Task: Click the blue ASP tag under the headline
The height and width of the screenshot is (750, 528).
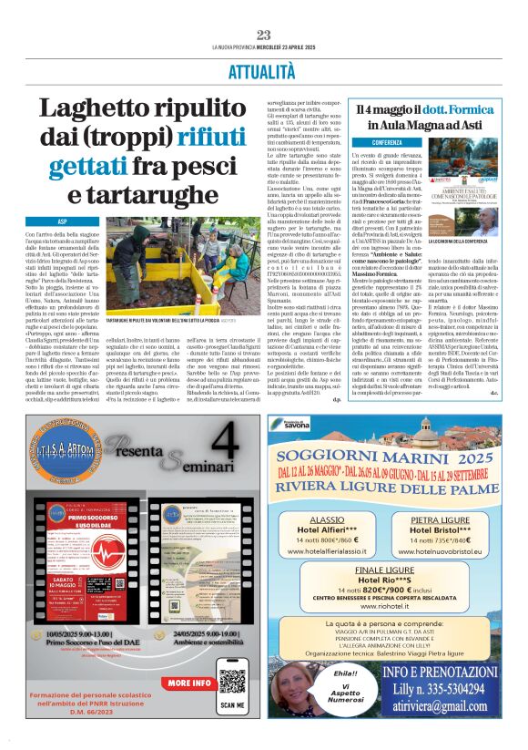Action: (62, 221)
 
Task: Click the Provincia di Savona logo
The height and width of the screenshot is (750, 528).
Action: (299, 425)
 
